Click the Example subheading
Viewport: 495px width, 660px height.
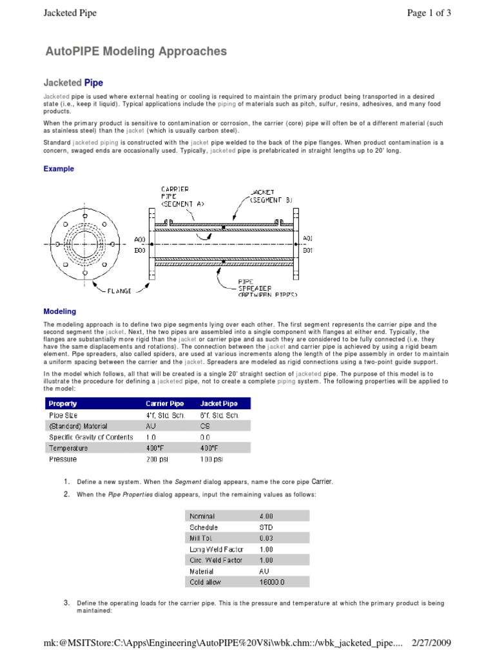59,169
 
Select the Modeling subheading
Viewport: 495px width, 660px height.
60,311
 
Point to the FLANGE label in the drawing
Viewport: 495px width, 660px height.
119,291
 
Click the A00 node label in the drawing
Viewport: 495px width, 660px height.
140,238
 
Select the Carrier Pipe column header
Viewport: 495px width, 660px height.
166,403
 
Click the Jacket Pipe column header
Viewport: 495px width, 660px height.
220,403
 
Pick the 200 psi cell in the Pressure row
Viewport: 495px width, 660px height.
158,460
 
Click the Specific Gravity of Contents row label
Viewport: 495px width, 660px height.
91,437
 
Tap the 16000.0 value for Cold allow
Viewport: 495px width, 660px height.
272,582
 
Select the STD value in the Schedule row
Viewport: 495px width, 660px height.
266,527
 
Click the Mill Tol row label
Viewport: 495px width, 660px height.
200,538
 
